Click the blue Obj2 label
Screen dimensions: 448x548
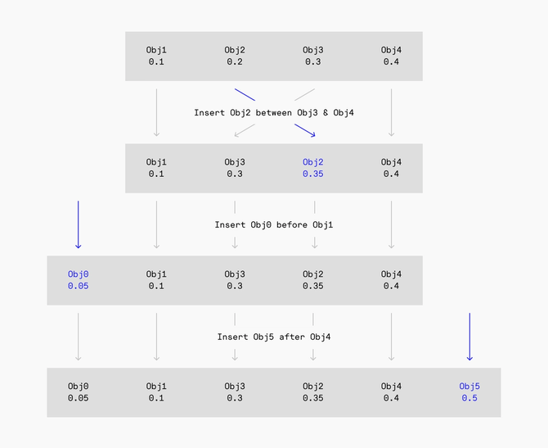(x=313, y=162)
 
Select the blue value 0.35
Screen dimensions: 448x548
(x=313, y=174)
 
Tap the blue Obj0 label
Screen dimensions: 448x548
(x=78, y=274)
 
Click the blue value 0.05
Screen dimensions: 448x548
(x=78, y=286)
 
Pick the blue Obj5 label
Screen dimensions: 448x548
(x=469, y=387)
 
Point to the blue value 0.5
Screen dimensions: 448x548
(x=469, y=398)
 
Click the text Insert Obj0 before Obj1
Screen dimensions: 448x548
(x=274, y=224)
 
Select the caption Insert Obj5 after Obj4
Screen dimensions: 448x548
(x=274, y=337)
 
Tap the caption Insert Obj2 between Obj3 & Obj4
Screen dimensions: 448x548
(x=274, y=112)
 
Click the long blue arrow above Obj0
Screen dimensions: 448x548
(x=78, y=224)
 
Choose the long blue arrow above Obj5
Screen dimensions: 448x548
(x=469, y=336)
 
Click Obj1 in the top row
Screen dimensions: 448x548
(x=156, y=50)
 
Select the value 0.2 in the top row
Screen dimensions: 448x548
(x=235, y=61)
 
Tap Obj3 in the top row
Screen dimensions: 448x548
(x=313, y=50)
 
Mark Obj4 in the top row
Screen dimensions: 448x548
(x=391, y=50)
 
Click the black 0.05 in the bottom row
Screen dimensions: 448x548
(x=78, y=398)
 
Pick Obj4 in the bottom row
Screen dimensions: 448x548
(x=391, y=387)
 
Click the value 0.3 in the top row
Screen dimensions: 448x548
(x=313, y=61)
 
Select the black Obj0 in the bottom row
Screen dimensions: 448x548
(x=78, y=387)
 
